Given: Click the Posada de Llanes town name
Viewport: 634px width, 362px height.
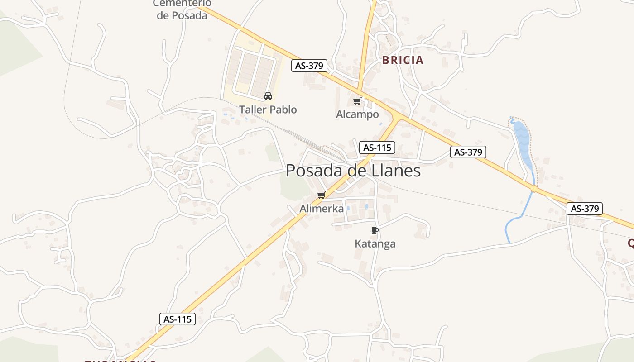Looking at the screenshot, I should coord(353,171).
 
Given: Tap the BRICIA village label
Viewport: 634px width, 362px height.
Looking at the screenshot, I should coord(403,60).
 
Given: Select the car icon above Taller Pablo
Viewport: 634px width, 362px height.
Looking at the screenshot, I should coord(268,96).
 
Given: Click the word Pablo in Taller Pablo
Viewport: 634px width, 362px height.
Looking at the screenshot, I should coord(283,110).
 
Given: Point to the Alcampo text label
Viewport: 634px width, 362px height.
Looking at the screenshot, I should coord(357,114).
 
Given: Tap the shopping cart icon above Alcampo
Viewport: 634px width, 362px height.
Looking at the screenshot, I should coord(357,101).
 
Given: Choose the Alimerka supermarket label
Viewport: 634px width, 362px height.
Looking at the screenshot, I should coord(322,209).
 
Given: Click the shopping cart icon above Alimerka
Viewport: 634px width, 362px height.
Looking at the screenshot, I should coord(322,195).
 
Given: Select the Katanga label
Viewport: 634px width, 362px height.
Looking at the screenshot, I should coord(375,244).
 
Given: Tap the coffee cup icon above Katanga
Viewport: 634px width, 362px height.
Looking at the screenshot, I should coord(375,230).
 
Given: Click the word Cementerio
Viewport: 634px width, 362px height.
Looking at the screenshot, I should coord(182,4).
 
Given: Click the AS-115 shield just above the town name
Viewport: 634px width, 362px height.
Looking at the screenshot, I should coord(377,147).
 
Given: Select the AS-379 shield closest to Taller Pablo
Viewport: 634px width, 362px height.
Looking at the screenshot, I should coord(309,66).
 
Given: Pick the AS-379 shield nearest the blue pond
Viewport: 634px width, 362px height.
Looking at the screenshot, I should coord(468,152).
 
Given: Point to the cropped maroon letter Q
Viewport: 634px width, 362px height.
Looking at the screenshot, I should coord(630,244).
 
